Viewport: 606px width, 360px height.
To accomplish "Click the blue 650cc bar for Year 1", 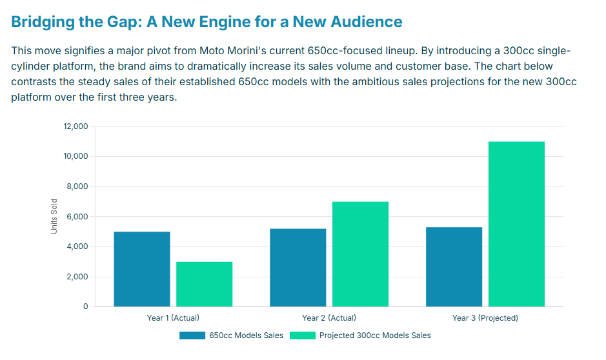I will [142, 269].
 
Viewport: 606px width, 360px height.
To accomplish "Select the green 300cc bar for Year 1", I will [204, 284].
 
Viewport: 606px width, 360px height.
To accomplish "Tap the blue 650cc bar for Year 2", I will [298, 268].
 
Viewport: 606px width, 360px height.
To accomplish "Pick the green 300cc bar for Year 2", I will [360, 254].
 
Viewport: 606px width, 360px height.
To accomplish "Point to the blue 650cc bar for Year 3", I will [454, 267].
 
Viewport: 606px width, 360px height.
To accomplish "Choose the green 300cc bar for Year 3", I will [516, 224].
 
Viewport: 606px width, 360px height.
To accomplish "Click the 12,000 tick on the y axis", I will [76, 126].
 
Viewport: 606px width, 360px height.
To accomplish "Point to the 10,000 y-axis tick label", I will [76, 157].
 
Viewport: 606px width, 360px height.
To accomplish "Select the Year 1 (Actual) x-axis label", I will [173, 318].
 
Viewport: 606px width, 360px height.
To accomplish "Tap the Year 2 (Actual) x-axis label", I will [329, 318].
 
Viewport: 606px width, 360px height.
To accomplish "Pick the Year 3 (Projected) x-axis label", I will [485, 318].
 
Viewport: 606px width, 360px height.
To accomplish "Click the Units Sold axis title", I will [55, 216].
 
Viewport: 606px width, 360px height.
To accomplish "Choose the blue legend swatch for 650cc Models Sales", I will [192, 335].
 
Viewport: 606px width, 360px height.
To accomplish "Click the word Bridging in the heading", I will [42, 22].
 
